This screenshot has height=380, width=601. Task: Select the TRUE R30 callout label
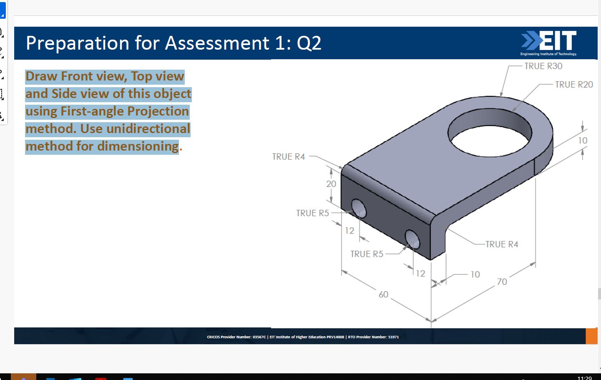[543, 66]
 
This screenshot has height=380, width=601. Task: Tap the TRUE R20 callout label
[573, 85]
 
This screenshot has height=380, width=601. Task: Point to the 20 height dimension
[331, 184]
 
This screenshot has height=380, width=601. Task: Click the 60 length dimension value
[383, 294]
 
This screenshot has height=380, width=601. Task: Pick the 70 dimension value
[502, 282]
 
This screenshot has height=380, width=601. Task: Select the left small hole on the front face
[359, 208]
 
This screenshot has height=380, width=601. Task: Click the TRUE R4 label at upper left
[288, 157]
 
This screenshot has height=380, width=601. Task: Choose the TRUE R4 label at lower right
[501, 244]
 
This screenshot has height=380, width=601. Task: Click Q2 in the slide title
[309, 43]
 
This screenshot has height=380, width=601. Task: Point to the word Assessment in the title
[217, 43]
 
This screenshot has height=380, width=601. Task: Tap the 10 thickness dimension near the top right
[582, 141]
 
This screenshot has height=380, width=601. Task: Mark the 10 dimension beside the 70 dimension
[475, 274]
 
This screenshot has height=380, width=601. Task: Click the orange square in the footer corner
[591, 336]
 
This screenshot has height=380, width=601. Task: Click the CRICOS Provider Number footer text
[236, 337]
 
